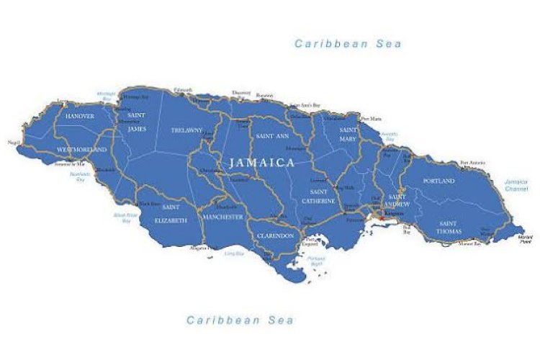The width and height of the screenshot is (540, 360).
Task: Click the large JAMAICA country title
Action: (x=262, y=163)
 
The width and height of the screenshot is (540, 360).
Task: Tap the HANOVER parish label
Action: (x=80, y=115)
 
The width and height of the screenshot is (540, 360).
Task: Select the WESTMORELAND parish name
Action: (x=83, y=149)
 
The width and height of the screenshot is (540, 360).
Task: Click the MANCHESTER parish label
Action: (x=222, y=217)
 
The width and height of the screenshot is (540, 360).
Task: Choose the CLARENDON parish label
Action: (x=275, y=235)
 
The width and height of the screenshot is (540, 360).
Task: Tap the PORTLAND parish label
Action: (x=439, y=181)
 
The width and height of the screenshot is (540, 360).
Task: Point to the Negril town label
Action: (x=14, y=143)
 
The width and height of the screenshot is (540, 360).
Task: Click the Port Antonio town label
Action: (x=473, y=163)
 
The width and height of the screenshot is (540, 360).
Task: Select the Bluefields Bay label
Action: (x=78, y=176)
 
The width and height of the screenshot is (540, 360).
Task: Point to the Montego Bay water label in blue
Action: (x=106, y=96)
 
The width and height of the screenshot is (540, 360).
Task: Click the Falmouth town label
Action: (x=183, y=89)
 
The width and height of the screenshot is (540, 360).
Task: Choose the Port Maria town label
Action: (x=371, y=118)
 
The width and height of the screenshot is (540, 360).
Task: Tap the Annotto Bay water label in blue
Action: (x=389, y=137)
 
